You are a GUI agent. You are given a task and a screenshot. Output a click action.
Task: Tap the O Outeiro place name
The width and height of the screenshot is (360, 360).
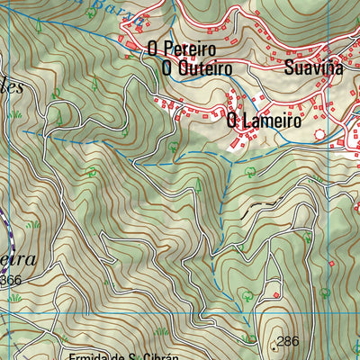pyautogui.click(x=197, y=68)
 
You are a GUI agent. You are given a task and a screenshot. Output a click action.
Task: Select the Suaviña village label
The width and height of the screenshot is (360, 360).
pyautogui.click(x=313, y=67)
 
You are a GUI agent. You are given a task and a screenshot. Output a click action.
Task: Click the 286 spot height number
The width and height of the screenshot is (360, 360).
pyautogui.click(x=288, y=341)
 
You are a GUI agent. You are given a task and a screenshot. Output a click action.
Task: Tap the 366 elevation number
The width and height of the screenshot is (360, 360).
pyautogui.click(x=11, y=281)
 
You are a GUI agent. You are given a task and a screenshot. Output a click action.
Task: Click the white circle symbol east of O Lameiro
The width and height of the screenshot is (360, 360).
pyautogui.click(x=319, y=134)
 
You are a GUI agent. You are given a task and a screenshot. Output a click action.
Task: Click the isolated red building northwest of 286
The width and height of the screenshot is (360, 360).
pyautogui.click(x=253, y=311)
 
